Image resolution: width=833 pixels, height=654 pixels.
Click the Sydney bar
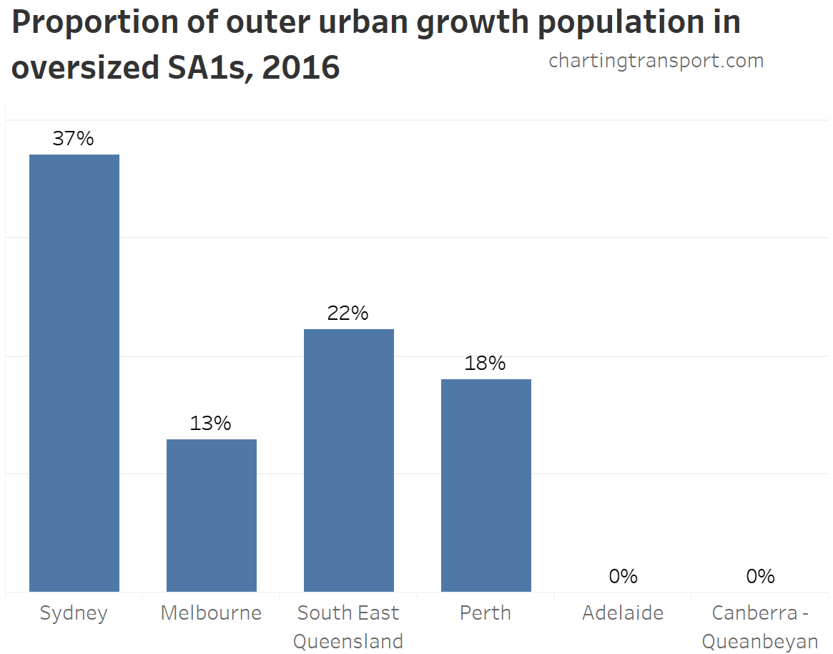pos(74,373)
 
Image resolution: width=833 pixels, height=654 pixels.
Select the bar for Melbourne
pos(212,515)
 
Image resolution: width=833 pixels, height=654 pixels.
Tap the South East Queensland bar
pos(349,460)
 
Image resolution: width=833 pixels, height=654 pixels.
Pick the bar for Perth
pos(486,485)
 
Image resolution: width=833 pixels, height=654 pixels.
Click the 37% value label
pos(74,139)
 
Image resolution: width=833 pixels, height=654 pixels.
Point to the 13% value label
pos(211,424)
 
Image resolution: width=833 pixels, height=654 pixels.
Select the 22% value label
pos(348,313)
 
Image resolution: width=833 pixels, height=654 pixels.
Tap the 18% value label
pos(485,363)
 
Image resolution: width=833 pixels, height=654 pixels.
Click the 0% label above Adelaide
pos(623,576)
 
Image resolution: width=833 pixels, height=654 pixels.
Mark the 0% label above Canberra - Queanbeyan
pos(760,576)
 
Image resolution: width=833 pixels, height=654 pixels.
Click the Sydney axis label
pos(74,613)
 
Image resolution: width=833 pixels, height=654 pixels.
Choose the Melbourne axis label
pos(211,613)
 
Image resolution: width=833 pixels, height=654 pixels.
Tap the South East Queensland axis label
pos(348,627)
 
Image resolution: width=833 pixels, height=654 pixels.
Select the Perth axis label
pos(485,613)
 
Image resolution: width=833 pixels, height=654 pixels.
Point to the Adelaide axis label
pos(623,613)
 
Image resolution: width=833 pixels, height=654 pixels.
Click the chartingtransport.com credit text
pos(656,62)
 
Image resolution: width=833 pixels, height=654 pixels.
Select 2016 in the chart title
pos(301,68)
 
